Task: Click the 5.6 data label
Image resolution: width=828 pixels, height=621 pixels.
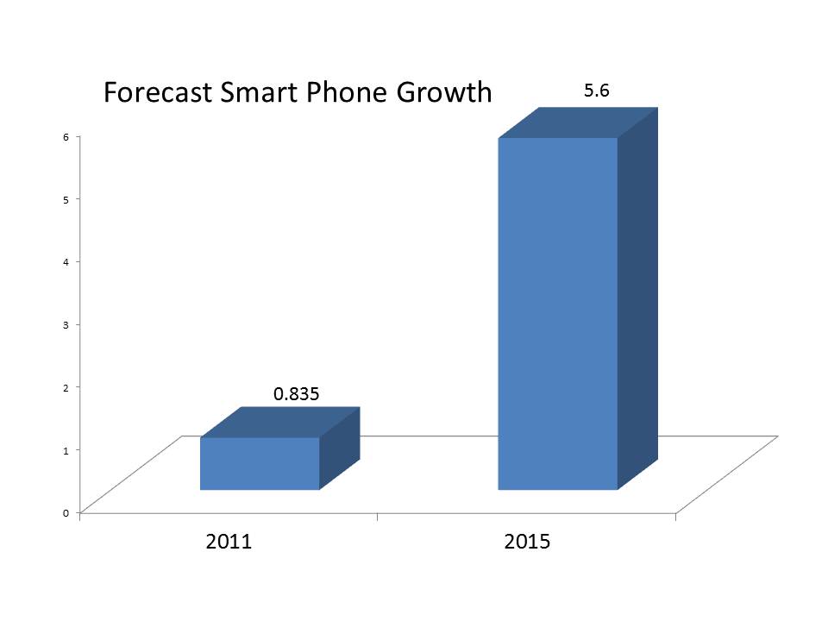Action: coord(597,90)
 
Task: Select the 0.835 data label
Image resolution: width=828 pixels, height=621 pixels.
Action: coord(297,394)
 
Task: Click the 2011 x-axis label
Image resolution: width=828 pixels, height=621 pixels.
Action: coord(229,543)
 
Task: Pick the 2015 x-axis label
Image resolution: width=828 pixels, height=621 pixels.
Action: coord(526,543)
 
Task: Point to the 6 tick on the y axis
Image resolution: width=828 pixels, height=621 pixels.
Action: coord(66,136)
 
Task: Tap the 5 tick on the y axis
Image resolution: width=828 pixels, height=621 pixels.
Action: coord(66,199)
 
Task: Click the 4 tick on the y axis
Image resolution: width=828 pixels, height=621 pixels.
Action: coord(66,261)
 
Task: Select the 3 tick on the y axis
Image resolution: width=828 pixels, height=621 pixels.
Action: coord(66,324)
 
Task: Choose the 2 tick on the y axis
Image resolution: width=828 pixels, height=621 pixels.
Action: coord(66,386)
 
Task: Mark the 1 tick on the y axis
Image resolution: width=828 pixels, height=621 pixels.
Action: coord(66,449)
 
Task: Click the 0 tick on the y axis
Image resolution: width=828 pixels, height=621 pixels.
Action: coord(66,512)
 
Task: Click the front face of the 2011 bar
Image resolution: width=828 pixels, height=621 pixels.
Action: coord(260,464)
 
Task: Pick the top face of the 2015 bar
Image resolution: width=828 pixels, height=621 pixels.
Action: coord(579,122)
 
